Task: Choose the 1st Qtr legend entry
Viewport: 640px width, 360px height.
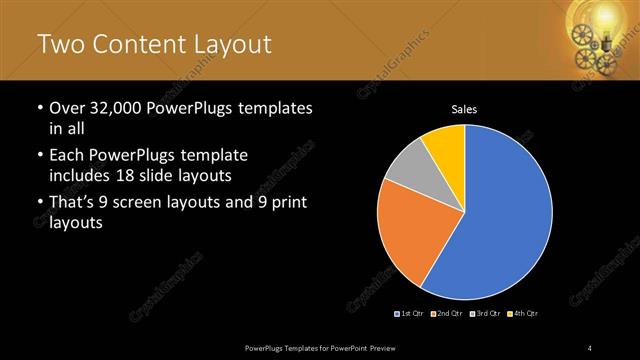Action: tap(410, 314)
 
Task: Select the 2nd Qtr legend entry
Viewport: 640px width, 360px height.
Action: tap(447, 314)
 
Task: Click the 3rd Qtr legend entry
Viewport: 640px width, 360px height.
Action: tap(485, 314)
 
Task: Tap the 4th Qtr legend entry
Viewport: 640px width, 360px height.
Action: tap(523, 314)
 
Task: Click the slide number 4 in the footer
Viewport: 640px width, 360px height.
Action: tap(590, 347)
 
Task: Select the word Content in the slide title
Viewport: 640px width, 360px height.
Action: tap(138, 44)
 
